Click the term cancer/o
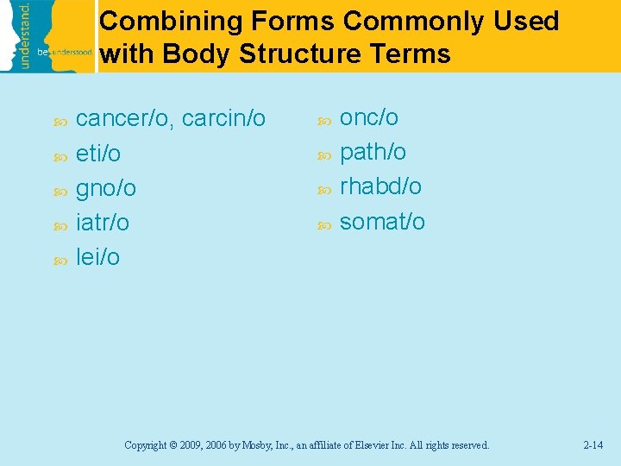124,119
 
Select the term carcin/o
225,119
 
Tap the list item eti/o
98,154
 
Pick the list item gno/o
106,188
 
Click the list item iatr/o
103,223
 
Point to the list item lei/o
98,257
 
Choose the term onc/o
369,118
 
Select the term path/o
373,153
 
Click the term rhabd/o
380,187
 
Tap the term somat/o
382,222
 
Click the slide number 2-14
593,445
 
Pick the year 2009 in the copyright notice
193,445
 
